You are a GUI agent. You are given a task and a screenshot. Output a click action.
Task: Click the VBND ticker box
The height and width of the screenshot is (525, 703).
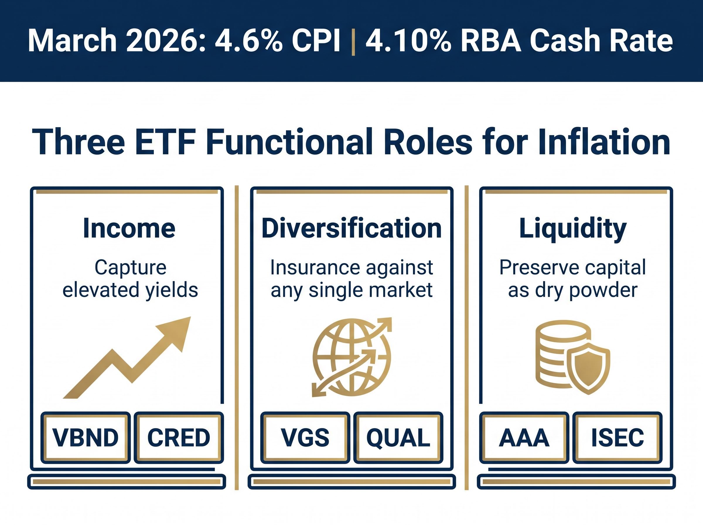86,438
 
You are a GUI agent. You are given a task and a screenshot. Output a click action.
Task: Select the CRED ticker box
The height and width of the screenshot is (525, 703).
178,438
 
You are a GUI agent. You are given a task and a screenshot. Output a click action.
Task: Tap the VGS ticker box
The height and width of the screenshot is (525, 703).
305,438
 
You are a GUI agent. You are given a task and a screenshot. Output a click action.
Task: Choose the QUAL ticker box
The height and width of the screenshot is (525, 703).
398,438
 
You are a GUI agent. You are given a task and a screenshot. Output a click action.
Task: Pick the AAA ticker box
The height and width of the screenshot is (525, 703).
524,438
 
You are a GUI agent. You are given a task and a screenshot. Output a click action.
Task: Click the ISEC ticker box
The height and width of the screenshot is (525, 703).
617,438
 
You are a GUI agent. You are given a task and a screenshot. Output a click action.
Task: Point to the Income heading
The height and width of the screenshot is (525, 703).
129,228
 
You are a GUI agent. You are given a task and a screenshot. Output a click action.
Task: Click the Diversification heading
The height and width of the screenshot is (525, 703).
351,228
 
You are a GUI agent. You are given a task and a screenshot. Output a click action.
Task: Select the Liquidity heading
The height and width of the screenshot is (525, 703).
573,228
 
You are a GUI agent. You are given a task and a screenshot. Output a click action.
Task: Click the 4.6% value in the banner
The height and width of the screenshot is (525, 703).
248,41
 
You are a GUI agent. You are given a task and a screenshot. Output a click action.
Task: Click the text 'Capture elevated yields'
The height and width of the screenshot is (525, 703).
130,278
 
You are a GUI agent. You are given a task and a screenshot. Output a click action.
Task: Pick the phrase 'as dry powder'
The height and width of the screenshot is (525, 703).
572,290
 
